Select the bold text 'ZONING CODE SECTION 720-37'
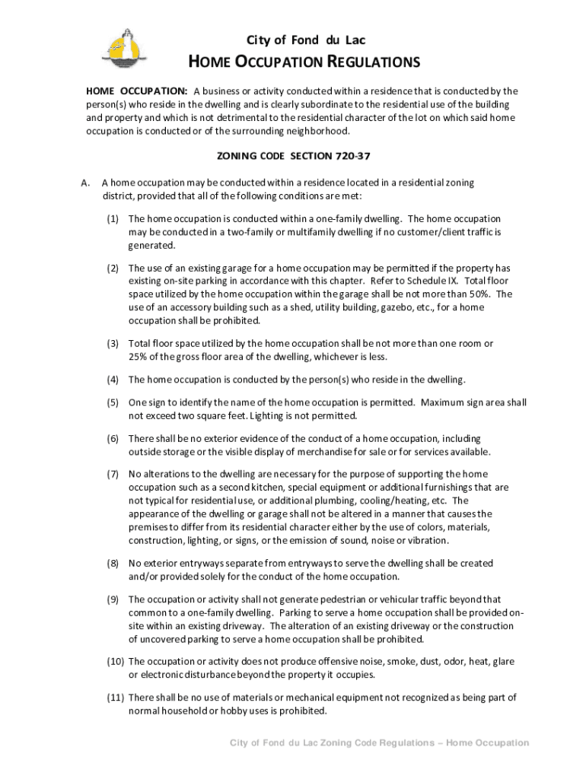coord(293,157)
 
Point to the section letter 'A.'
coord(86,183)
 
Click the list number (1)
coord(113,218)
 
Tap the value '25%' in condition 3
coord(139,357)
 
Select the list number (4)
coord(113,379)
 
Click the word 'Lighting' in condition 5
coord(269,415)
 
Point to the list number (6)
coord(113,438)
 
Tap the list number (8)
coord(113,563)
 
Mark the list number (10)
coord(115,661)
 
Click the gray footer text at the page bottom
coord(379,742)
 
